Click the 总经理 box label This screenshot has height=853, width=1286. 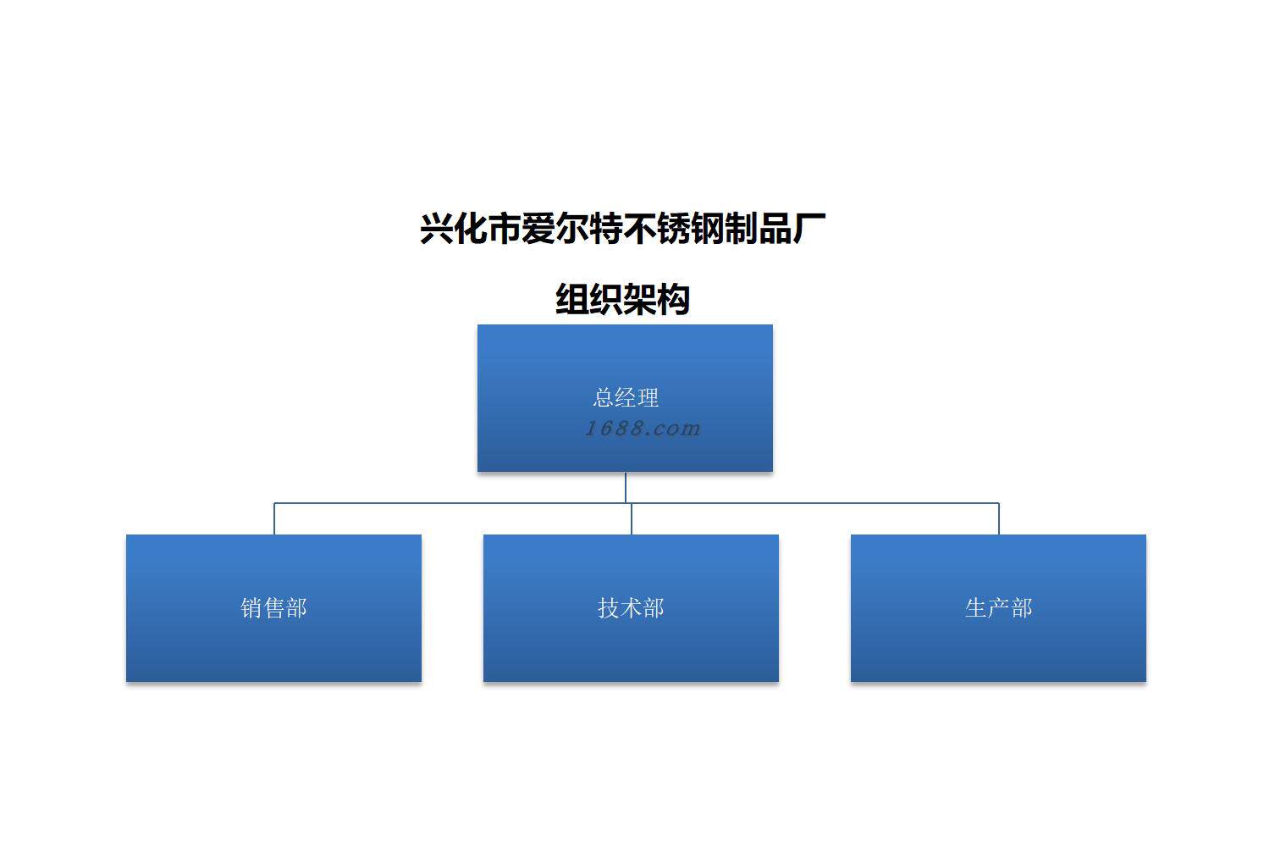tap(626, 397)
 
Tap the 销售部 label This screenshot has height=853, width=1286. tap(273, 607)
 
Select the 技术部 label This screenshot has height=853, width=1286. tap(631, 607)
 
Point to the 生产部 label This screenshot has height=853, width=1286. tap(998, 607)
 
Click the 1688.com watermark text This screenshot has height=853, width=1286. tap(643, 428)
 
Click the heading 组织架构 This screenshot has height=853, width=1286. tap(622, 299)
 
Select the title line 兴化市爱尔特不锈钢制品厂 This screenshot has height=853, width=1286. tap(622, 229)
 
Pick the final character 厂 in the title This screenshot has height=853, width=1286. tap(810, 229)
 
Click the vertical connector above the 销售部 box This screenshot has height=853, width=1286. tap(274, 518)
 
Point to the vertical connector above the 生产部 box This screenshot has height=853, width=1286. tap(999, 518)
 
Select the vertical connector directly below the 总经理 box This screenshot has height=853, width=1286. tap(626, 487)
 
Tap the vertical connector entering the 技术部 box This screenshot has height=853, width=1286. tap(632, 518)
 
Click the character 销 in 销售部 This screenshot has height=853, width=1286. tap(251, 607)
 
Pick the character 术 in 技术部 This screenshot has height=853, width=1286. tap(631, 607)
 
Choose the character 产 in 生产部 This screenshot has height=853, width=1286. tap(998, 607)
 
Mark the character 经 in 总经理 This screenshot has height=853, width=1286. tap(626, 397)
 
